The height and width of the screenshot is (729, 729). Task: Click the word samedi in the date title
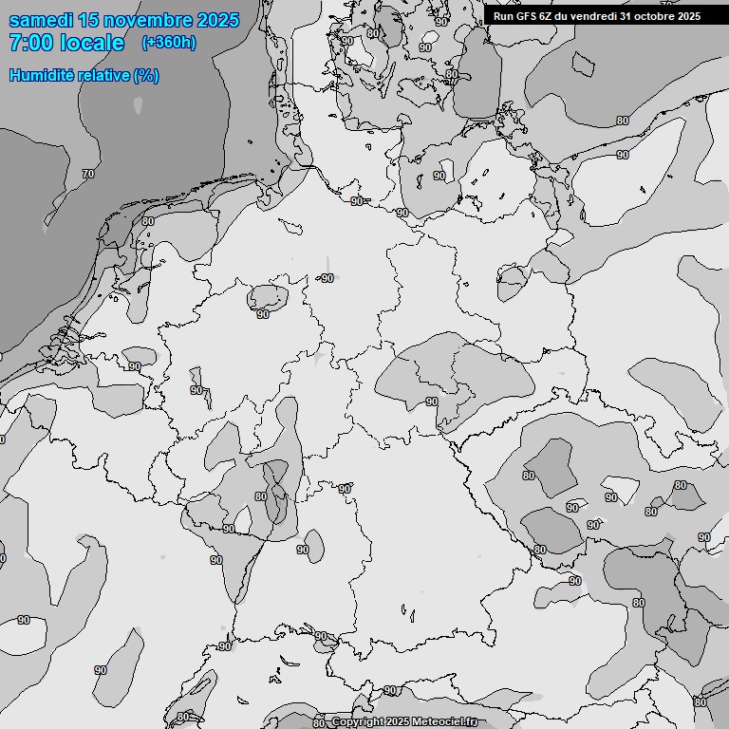click(x=45, y=20)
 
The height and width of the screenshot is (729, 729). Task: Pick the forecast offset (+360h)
click(x=168, y=43)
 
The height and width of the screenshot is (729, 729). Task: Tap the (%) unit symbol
click(x=146, y=75)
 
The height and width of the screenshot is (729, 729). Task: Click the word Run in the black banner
click(x=503, y=15)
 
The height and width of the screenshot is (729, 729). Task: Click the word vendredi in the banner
click(x=595, y=15)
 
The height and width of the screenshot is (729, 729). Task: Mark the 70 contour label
click(x=88, y=175)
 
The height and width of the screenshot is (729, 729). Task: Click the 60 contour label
click(x=147, y=221)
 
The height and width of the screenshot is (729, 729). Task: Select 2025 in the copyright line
click(x=399, y=722)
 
